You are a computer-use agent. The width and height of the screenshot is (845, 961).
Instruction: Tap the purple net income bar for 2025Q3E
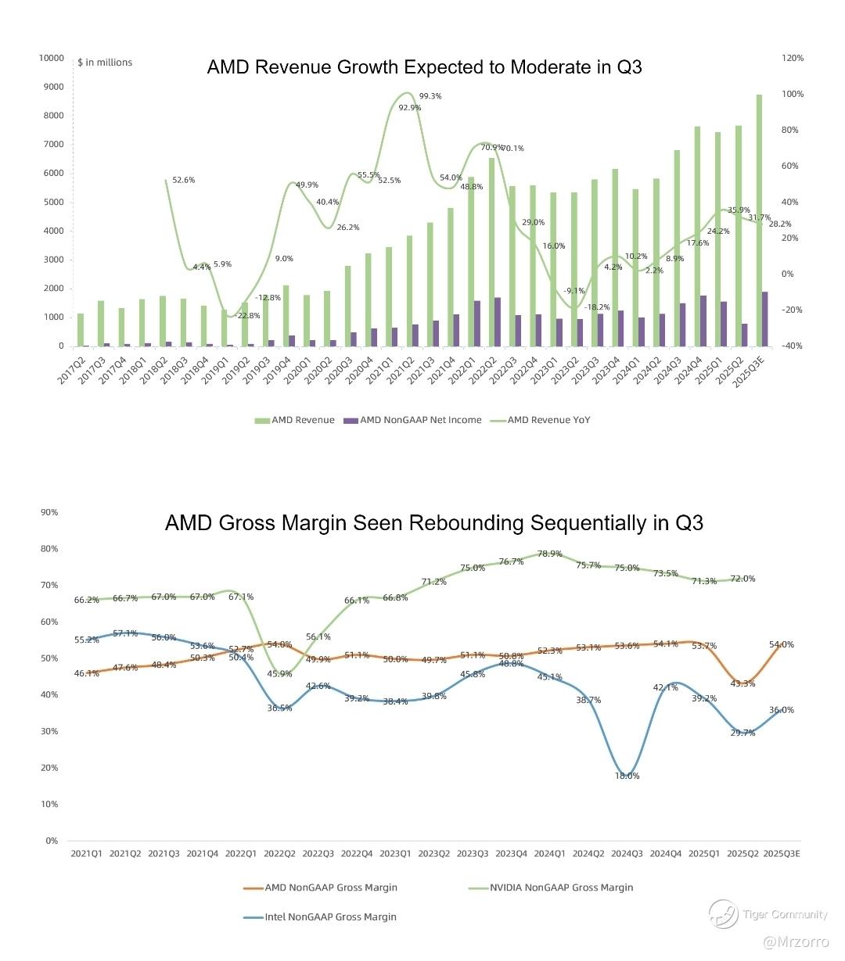(764, 319)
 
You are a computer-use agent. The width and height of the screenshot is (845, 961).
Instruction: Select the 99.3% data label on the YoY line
(430, 96)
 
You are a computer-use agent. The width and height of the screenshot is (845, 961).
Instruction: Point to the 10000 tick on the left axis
(51, 58)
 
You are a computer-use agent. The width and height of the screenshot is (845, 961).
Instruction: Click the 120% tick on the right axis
(793, 58)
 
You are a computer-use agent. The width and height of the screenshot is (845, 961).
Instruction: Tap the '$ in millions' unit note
(105, 63)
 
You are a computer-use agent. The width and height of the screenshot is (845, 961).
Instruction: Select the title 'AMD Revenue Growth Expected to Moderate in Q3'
(424, 67)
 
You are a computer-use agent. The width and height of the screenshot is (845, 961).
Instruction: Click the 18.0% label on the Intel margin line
(627, 776)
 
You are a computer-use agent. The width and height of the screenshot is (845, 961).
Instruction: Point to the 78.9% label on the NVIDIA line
(549, 554)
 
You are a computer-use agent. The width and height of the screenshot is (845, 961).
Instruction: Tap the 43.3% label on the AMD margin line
(743, 683)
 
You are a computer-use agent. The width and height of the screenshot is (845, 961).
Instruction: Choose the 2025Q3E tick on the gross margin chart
(781, 854)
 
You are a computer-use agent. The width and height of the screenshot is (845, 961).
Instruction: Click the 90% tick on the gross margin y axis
(49, 512)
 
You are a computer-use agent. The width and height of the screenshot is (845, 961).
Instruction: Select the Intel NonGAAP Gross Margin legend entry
(330, 916)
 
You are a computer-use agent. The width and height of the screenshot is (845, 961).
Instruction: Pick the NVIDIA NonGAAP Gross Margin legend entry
(561, 887)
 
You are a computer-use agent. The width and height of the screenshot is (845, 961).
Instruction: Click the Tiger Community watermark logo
(723, 914)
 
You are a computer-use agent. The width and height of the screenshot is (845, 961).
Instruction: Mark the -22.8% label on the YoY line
(249, 315)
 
